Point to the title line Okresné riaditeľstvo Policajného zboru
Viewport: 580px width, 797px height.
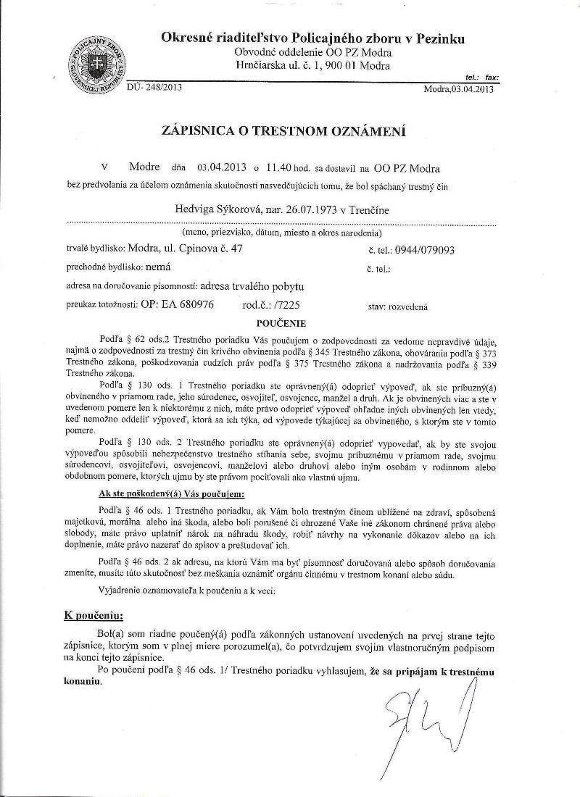click(313, 38)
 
